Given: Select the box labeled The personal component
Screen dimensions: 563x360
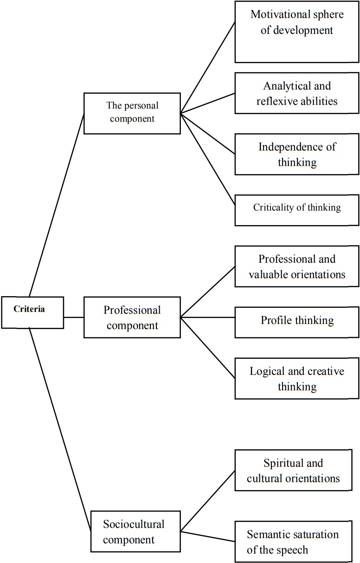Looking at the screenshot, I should [x=132, y=113].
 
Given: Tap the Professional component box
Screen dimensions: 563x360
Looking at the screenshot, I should [x=132, y=317].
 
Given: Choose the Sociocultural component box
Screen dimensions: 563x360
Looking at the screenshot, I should [x=134, y=532].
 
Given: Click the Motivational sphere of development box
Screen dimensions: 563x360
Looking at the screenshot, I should [x=297, y=32].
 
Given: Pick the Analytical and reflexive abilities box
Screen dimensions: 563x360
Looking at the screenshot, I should [x=297, y=93].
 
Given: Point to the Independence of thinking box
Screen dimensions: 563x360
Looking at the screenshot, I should [x=297, y=154].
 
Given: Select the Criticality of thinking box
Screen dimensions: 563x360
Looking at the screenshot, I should [x=297, y=208].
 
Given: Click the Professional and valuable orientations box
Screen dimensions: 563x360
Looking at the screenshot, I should [x=297, y=266].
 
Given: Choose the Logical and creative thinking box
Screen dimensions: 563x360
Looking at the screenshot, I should [x=297, y=378].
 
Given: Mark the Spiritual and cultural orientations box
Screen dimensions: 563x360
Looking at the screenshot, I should [x=297, y=470].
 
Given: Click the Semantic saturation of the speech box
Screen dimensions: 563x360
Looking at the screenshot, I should [x=297, y=541].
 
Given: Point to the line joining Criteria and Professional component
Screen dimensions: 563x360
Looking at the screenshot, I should [x=73, y=317].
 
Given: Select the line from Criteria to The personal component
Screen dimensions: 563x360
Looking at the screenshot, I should [x=57, y=204].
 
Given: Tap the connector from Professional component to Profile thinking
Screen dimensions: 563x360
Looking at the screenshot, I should [x=207, y=318].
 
